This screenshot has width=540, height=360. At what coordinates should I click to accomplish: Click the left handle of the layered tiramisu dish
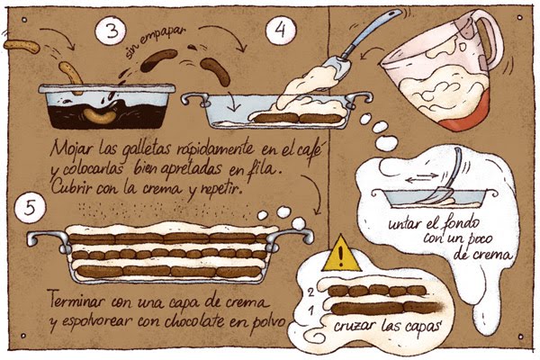coord(40,238)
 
